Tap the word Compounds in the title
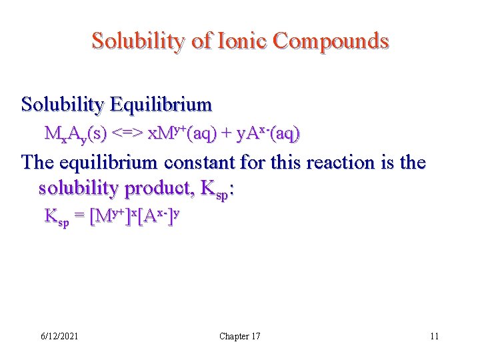click(x=331, y=41)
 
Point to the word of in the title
click(x=201, y=41)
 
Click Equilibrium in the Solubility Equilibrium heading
click(x=161, y=105)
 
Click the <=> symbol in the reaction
click(x=125, y=134)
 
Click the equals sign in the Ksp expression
click(x=79, y=217)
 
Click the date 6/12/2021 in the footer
click(x=58, y=336)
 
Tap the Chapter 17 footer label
click(x=240, y=336)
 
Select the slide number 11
click(x=434, y=336)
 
